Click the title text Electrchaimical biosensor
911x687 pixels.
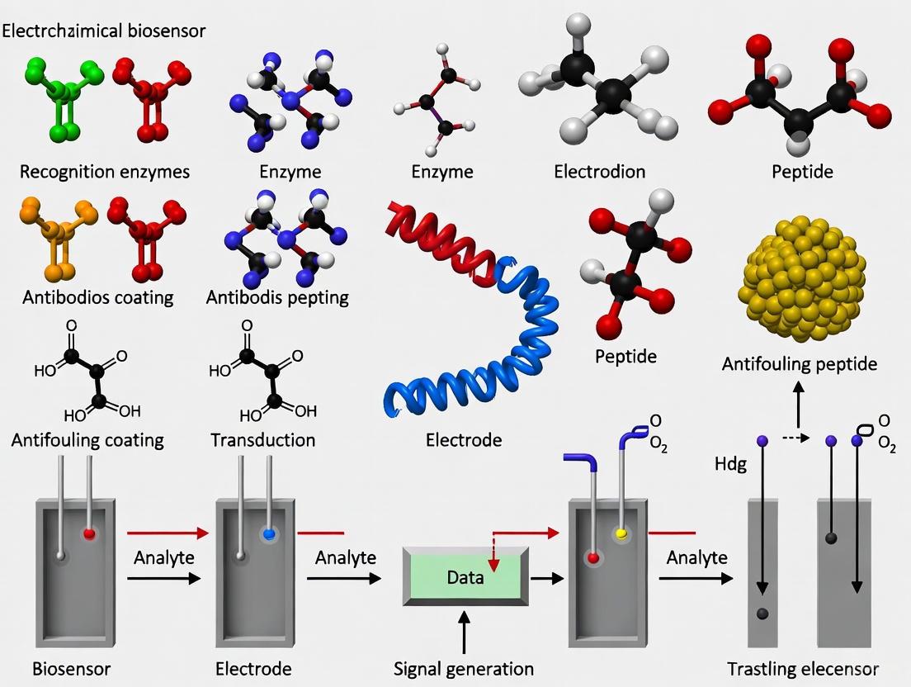[104, 31]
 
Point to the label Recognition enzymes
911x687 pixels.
[105, 172]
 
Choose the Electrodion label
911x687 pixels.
[599, 172]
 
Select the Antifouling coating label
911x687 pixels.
[87, 440]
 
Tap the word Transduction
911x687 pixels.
[263, 440]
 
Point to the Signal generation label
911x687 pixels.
[464, 668]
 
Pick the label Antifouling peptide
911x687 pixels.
[799, 363]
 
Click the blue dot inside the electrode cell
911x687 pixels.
[267, 534]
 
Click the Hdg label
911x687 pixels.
[730, 464]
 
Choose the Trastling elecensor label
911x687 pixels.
[803, 668]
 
